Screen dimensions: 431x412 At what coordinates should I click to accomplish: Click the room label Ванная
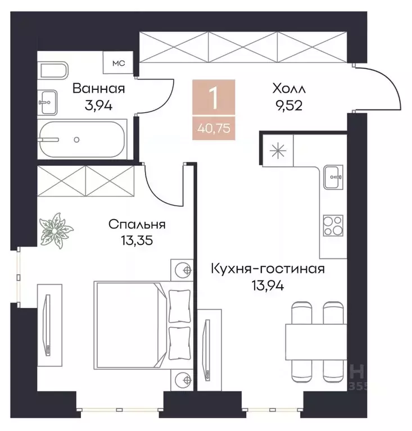pos(98,89)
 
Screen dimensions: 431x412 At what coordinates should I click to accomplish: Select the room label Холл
pos(288,89)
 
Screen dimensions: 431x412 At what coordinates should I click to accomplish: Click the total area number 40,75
pos(213,126)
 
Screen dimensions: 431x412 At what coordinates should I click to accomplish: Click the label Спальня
pos(137,225)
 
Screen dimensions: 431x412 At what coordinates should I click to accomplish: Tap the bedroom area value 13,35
pos(137,241)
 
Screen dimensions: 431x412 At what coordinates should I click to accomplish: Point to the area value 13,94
pos(268,285)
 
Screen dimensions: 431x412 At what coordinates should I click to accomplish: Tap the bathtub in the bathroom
pos(83,139)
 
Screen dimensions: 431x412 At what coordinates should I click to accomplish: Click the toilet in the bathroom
pos(53,71)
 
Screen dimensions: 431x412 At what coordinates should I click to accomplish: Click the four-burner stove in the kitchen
pos(333,226)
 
